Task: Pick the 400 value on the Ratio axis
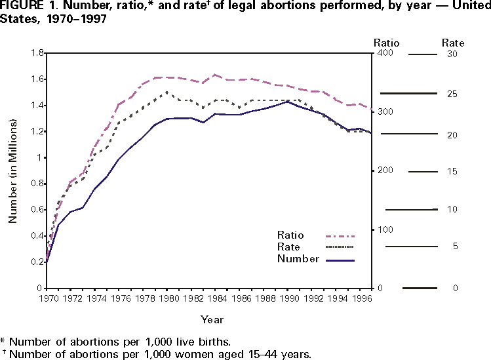pyautogui.click(x=382, y=53)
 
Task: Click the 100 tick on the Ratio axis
pyautogui.click(x=382, y=230)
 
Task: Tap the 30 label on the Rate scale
pyautogui.click(x=452, y=54)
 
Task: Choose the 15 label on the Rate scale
pyautogui.click(x=452, y=172)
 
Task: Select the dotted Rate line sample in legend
pyautogui.click(x=340, y=247)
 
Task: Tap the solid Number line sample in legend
pyautogui.click(x=340, y=260)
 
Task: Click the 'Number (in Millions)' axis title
pyautogui.click(x=12, y=170)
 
